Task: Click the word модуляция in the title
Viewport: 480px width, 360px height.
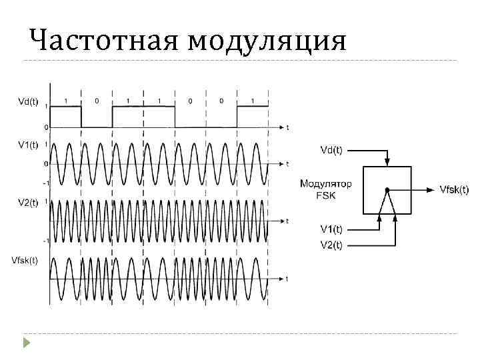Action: pyautogui.click(x=267, y=41)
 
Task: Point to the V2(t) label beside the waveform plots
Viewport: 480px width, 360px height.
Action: pyautogui.click(x=27, y=202)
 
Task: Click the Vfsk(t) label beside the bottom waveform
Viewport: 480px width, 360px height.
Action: pyautogui.click(x=25, y=259)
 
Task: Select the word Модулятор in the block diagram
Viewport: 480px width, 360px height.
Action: pyautogui.click(x=327, y=184)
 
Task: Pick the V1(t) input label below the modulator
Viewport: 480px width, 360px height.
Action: pyautogui.click(x=331, y=229)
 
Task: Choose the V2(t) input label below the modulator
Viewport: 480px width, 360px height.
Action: pyautogui.click(x=331, y=244)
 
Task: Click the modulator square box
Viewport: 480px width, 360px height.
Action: pyautogui.click(x=387, y=190)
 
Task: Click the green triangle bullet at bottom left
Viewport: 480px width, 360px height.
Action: pyautogui.click(x=27, y=343)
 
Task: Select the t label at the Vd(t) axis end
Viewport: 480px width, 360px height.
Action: pyautogui.click(x=287, y=127)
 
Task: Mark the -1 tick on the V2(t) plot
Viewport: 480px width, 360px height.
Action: pyautogui.click(x=45, y=240)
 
